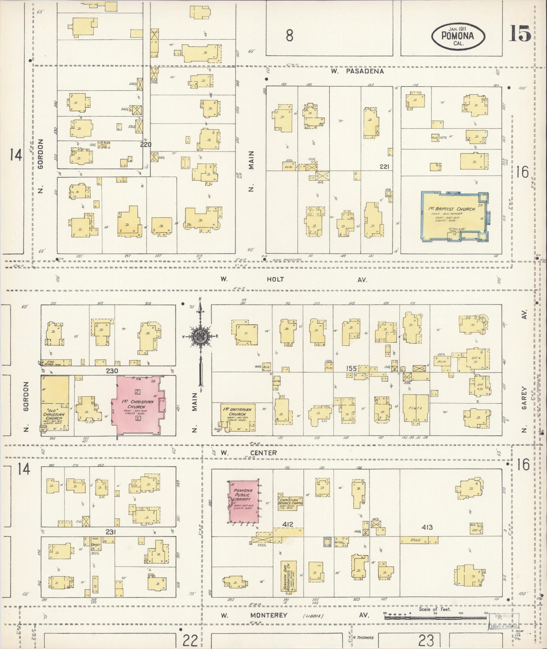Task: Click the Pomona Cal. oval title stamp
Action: (x=458, y=36)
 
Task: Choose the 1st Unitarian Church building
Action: (x=238, y=417)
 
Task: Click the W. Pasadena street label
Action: (x=357, y=71)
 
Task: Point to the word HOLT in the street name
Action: (x=275, y=279)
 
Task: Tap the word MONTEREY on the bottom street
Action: (x=268, y=615)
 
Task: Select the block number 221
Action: (x=384, y=167)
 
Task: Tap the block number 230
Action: (x=112, y=371)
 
